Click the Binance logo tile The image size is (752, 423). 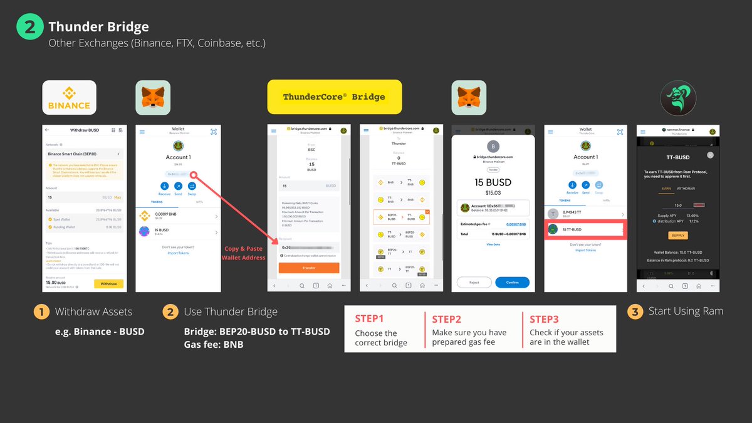[x=69, y=97]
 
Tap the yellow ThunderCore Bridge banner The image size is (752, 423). [x=334, y=97]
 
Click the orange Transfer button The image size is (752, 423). [x=308, y=268]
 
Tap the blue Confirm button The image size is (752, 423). [x=512, y=283]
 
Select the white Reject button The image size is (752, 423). [x=474, y=283]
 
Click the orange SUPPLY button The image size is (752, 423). [x=677, y=236]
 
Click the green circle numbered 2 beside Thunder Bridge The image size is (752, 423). [x=29, y=27]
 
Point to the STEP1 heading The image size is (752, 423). [x=369, y=318]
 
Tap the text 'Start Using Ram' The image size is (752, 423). [x=686, y=311]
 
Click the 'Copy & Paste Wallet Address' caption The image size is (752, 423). [x=244, y=253]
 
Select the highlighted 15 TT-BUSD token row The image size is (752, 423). [x=585, y=229]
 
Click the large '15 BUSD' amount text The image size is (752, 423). [x=493, y=183]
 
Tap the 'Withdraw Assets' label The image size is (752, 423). [x=93, y=311]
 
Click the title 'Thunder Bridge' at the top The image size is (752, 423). [x=99, y=27]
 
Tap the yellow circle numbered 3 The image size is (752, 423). [x=635, y=311]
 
